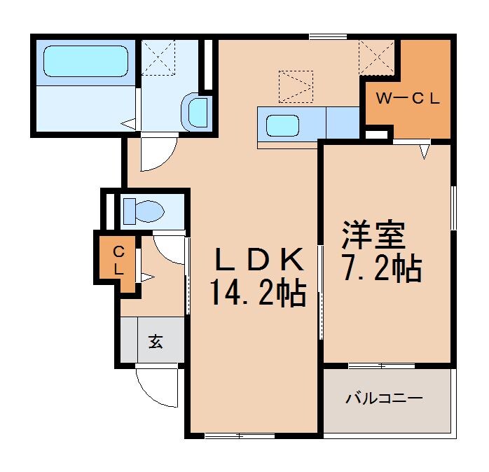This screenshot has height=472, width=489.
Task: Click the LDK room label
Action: [x=259, y=261]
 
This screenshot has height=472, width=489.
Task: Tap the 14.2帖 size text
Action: [x=259, y=292]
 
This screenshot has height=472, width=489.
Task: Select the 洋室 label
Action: [x=373, y=237]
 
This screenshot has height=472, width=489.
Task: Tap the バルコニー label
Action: [x=383, y=399]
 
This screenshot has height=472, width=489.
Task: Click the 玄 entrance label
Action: [x=156, y=342]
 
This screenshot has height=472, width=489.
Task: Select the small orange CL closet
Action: [x=118, y=259]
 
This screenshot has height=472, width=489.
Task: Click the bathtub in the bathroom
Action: [x=85, y=61]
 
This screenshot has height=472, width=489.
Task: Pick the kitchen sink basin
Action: [x=284, y=126]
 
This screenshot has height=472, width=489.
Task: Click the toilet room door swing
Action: [x=169, y=249]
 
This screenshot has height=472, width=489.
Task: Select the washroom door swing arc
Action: [x=156, y=153]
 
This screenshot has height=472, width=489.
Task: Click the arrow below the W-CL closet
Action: [x=425, y=150]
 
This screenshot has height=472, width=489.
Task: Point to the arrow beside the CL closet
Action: [x=146, y=277]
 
